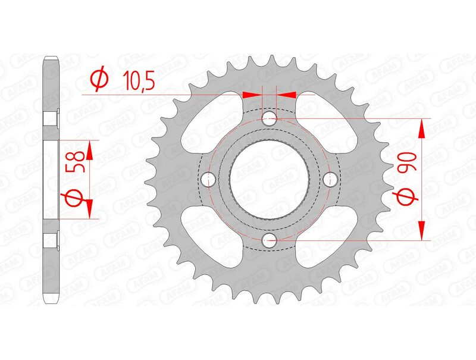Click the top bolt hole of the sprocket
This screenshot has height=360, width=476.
[270, 118]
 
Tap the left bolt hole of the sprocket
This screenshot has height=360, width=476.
[208, 179]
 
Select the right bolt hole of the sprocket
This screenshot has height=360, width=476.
[330, 179]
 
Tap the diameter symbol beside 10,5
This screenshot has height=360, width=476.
[100, 79]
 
